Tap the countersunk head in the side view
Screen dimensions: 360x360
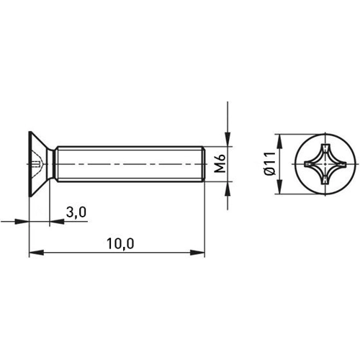click(41, 165)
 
